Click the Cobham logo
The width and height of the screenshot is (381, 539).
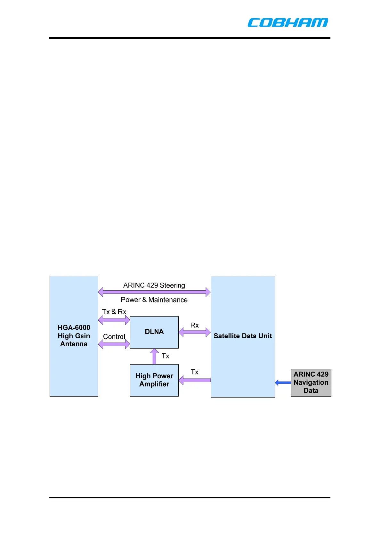coord(288,22)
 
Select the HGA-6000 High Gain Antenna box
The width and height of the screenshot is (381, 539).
coord(74,336)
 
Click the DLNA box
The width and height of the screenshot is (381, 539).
coord(154,332)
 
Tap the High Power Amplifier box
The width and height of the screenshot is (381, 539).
coord(154,380)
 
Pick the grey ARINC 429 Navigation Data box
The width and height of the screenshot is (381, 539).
coord(311,382)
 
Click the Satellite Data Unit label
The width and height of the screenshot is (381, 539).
coord(243,336)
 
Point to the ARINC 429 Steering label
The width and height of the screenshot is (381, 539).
coord(154,285)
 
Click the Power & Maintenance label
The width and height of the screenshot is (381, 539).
coord(154,300)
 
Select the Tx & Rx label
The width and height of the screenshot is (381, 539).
coord(114,312)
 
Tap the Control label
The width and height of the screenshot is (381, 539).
coord(114,337)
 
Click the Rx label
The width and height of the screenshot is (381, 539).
coord(194,325)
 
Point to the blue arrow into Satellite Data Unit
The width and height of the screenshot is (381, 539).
coord(283,382)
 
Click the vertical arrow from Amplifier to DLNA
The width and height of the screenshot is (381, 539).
coord(154,356)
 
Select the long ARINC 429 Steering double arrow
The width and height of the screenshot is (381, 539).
coord(154,292)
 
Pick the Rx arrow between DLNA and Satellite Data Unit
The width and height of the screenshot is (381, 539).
coord(194,332)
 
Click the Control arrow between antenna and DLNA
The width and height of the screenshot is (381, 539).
coord(114,344)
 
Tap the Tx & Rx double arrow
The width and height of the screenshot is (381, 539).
coord(114,320)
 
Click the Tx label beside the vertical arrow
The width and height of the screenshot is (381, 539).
coord(165,356)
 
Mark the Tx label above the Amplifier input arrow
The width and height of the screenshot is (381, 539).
coord(194,372)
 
